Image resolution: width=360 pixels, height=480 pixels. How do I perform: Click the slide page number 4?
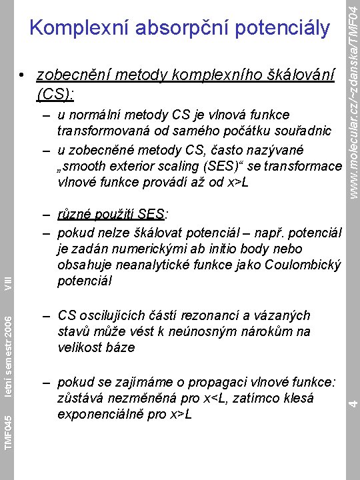[x=354, y=401]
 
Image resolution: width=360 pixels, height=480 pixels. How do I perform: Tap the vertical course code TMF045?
[x=7, y=431]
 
